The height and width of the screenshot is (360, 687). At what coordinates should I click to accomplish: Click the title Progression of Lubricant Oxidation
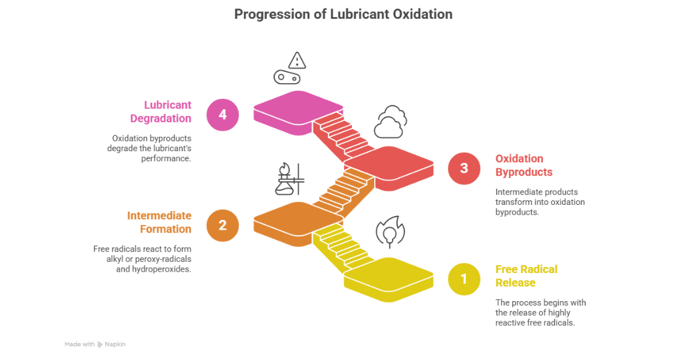343,14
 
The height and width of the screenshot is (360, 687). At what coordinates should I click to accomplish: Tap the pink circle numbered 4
222,115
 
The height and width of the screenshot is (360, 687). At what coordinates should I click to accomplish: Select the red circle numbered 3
464,168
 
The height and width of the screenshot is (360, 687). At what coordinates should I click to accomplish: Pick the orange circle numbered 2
222,225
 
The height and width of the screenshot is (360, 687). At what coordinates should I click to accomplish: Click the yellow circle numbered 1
464,279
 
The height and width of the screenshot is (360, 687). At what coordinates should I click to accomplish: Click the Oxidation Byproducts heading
524,166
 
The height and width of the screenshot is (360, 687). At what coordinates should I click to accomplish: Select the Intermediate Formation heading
159,223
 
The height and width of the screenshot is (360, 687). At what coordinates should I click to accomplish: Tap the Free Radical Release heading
526,276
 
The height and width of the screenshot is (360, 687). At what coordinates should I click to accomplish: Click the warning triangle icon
297,61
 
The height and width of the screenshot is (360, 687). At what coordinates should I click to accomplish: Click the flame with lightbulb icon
390,232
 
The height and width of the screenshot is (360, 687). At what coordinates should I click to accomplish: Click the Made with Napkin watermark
95,344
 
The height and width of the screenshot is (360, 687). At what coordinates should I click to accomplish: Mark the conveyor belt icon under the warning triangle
287,78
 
